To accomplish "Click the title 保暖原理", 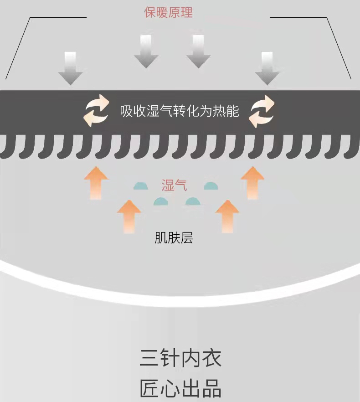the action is click(x=169, y=12).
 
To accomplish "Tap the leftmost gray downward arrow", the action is click(x=70, y=68).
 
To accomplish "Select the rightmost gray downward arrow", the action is click(x=267, y=68).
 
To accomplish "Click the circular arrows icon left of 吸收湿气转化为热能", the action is click(x=97, y=111).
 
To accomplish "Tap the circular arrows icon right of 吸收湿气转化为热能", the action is click(x=262, y=111).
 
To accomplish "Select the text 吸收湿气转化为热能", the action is click(x=180, y=111).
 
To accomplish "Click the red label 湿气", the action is click(x=174, y=186).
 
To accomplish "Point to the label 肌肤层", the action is click(x=174, y=237).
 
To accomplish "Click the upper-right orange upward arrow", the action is click(x=252, y=183).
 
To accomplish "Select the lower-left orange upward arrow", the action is click(x=129, y=216).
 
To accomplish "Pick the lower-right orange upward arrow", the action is click(x=226, y=216).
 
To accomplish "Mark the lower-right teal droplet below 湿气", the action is click(x=193, y=201).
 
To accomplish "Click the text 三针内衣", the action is click(x=180, y=359).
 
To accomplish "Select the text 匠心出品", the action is click(x=180, y=389).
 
